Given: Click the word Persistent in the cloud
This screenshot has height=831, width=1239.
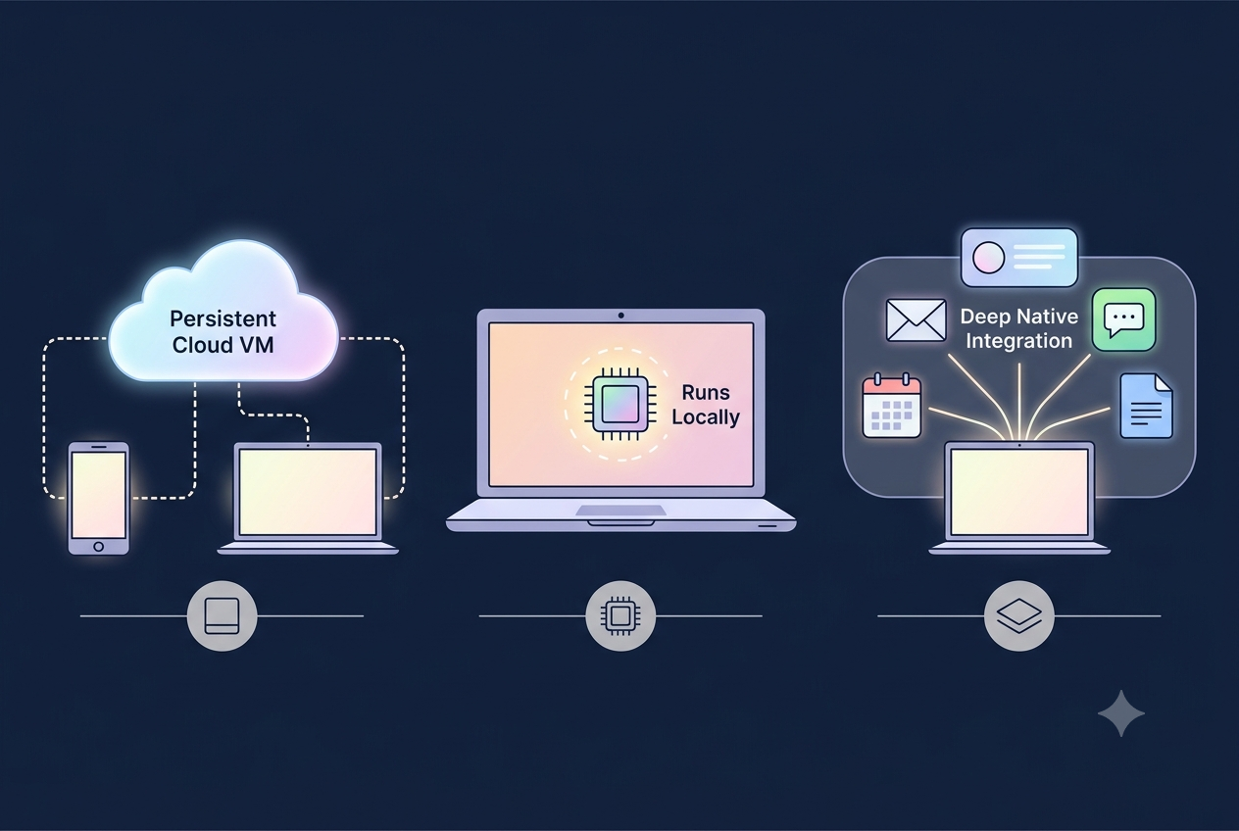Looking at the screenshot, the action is pos(223,319).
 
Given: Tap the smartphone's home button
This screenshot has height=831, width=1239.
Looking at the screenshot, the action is pos(98,546).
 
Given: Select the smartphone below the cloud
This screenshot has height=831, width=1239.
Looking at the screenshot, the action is pos(98,498).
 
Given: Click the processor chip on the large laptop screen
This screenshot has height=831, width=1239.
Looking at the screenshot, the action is pos(620,404).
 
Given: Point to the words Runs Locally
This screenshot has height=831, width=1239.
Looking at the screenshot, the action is pos(706,405).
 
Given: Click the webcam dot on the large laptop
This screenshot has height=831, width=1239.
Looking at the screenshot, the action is pos(621,316).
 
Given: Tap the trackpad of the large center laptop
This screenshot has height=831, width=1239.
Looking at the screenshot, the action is pos(620,510).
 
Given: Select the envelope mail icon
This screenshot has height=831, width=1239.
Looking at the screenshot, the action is pos(916,320).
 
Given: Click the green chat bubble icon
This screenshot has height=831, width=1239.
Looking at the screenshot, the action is pos(1123,319).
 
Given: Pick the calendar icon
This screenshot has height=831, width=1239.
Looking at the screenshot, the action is pos(892,406).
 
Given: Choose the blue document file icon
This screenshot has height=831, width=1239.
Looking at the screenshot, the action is pos(1146,406).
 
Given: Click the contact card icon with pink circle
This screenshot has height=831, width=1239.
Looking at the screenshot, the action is pos(1018,258).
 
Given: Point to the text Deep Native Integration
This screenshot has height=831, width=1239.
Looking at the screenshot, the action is pos(1018,328).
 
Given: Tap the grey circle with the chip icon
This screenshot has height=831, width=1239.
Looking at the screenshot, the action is pos(620,615).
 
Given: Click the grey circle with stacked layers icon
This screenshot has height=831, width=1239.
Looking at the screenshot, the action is pos(1018,615).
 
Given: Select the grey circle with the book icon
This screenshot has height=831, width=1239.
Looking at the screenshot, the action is pos(222,615).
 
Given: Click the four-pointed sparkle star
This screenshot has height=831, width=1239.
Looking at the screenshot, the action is pos(1121,713).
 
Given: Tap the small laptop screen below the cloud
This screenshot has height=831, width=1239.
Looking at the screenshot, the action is pos(308,492).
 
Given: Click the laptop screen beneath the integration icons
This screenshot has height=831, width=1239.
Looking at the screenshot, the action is pos(1018,492).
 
